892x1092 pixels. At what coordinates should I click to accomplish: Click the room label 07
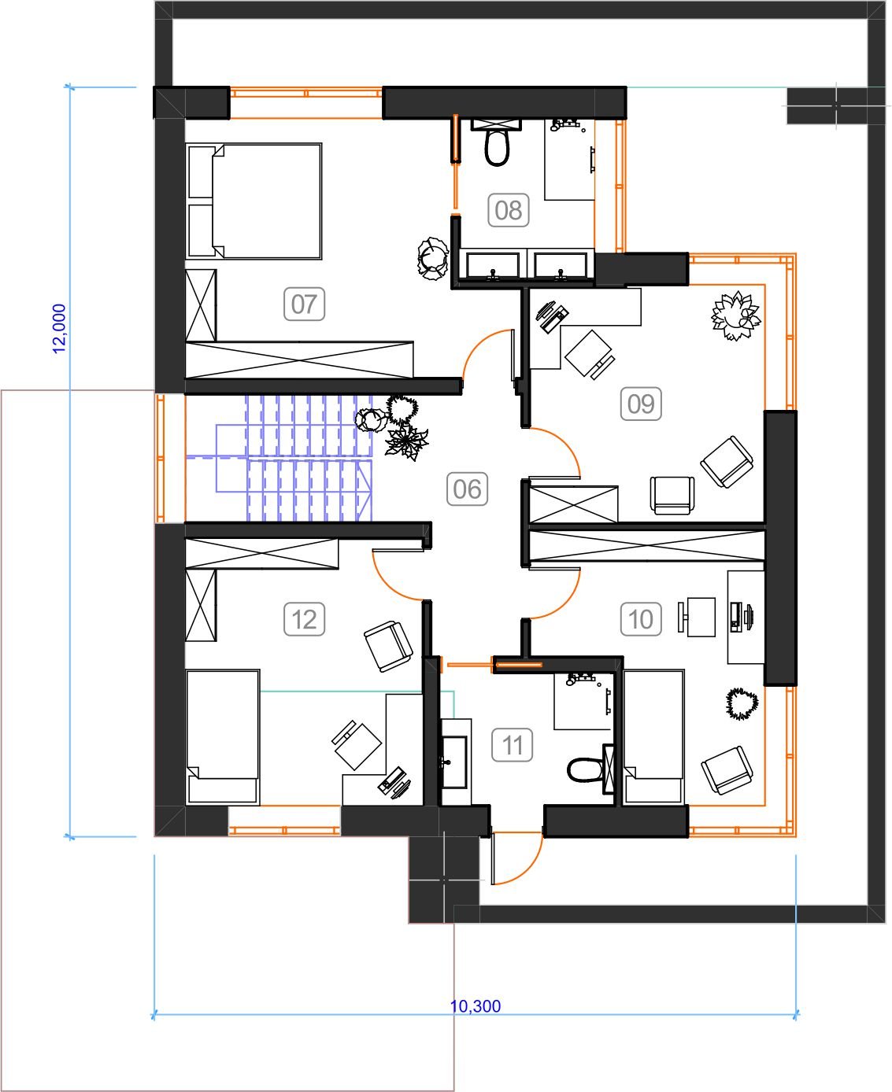304,304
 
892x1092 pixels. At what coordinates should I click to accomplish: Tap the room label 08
508,210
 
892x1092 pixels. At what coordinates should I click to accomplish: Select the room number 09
641,404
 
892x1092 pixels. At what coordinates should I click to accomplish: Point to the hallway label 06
467,489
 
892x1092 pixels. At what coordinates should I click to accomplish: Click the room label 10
641,618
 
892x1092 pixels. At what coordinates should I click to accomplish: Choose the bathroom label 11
512,745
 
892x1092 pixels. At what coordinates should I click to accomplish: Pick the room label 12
304,618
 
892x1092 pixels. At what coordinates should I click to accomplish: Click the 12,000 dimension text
60,329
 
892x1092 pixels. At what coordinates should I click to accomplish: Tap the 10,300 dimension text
476,1006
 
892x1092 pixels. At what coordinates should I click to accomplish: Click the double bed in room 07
254,201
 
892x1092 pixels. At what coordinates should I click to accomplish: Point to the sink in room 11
454,762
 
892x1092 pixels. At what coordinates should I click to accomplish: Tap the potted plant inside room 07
432,258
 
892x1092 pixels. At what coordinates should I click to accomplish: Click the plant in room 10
742,703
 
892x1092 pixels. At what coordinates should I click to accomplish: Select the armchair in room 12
388,647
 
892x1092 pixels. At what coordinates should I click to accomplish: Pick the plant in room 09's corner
736,315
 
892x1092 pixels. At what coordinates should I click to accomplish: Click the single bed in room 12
223,737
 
